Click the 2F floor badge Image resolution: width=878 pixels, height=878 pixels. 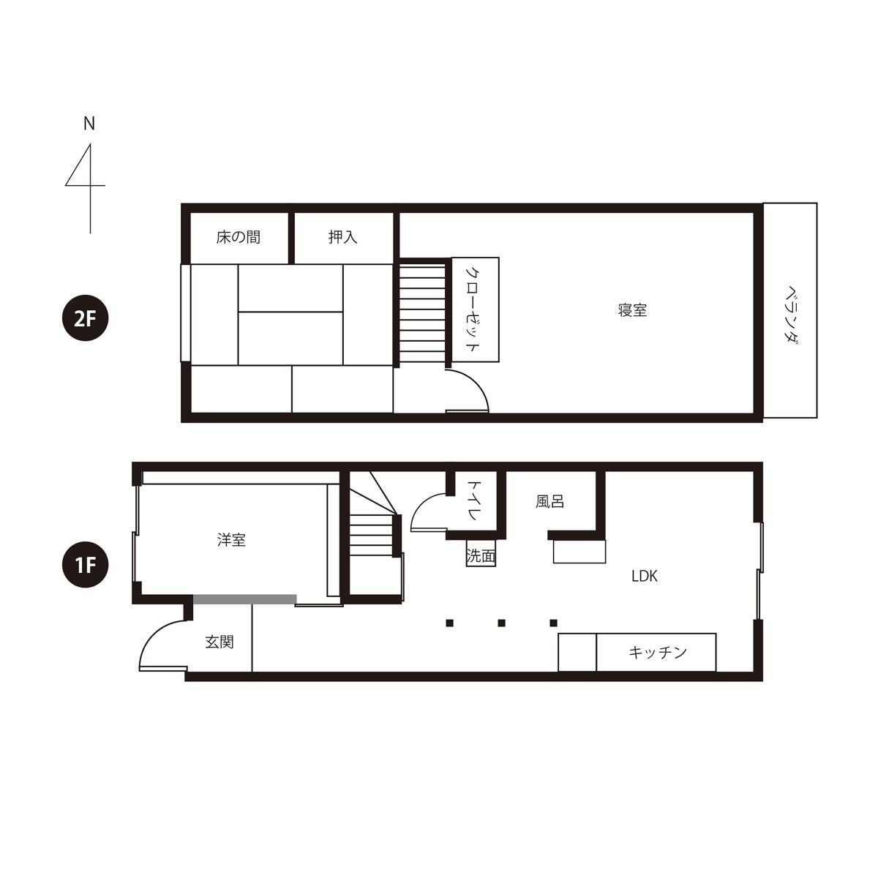[x=85, y=318]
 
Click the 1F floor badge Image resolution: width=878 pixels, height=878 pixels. [x=85, y=564]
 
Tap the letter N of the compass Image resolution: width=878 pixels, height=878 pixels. [x=89, y=124]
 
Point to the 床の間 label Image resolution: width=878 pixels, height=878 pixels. [x=239, y=237]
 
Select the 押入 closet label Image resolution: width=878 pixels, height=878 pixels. [x=342, y=237]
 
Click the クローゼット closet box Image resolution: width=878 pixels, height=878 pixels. [x=476, y=309]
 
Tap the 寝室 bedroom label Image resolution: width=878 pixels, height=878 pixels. [x=632, y=310]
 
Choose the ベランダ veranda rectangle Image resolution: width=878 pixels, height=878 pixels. [x=790, y=310]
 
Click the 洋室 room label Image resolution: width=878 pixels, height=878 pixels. [x=231, y=540]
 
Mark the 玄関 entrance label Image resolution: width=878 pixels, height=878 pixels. [x=219, y=642]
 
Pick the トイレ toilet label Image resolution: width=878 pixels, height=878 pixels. [x=474, y=500]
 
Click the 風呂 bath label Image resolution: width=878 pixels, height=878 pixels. [x=549, y=502]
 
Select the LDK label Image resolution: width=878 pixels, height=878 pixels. [x=645, y=577]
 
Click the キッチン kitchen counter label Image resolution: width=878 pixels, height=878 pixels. [x=657, y=653]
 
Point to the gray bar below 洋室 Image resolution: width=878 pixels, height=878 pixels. [x=245, y=599]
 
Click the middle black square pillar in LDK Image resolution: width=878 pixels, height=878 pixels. [x=501, y=623]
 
